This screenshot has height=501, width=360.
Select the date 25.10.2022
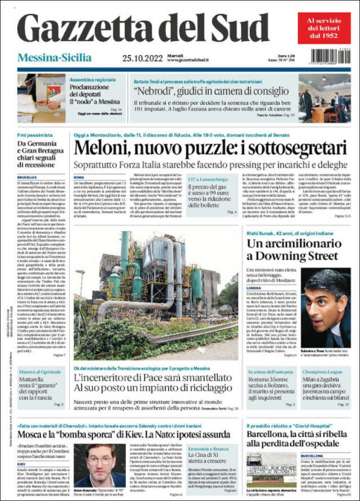pos(142,58)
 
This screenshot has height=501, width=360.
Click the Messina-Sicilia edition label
pos(55,57)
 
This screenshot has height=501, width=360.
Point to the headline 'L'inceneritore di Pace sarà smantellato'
pos(157,378)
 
